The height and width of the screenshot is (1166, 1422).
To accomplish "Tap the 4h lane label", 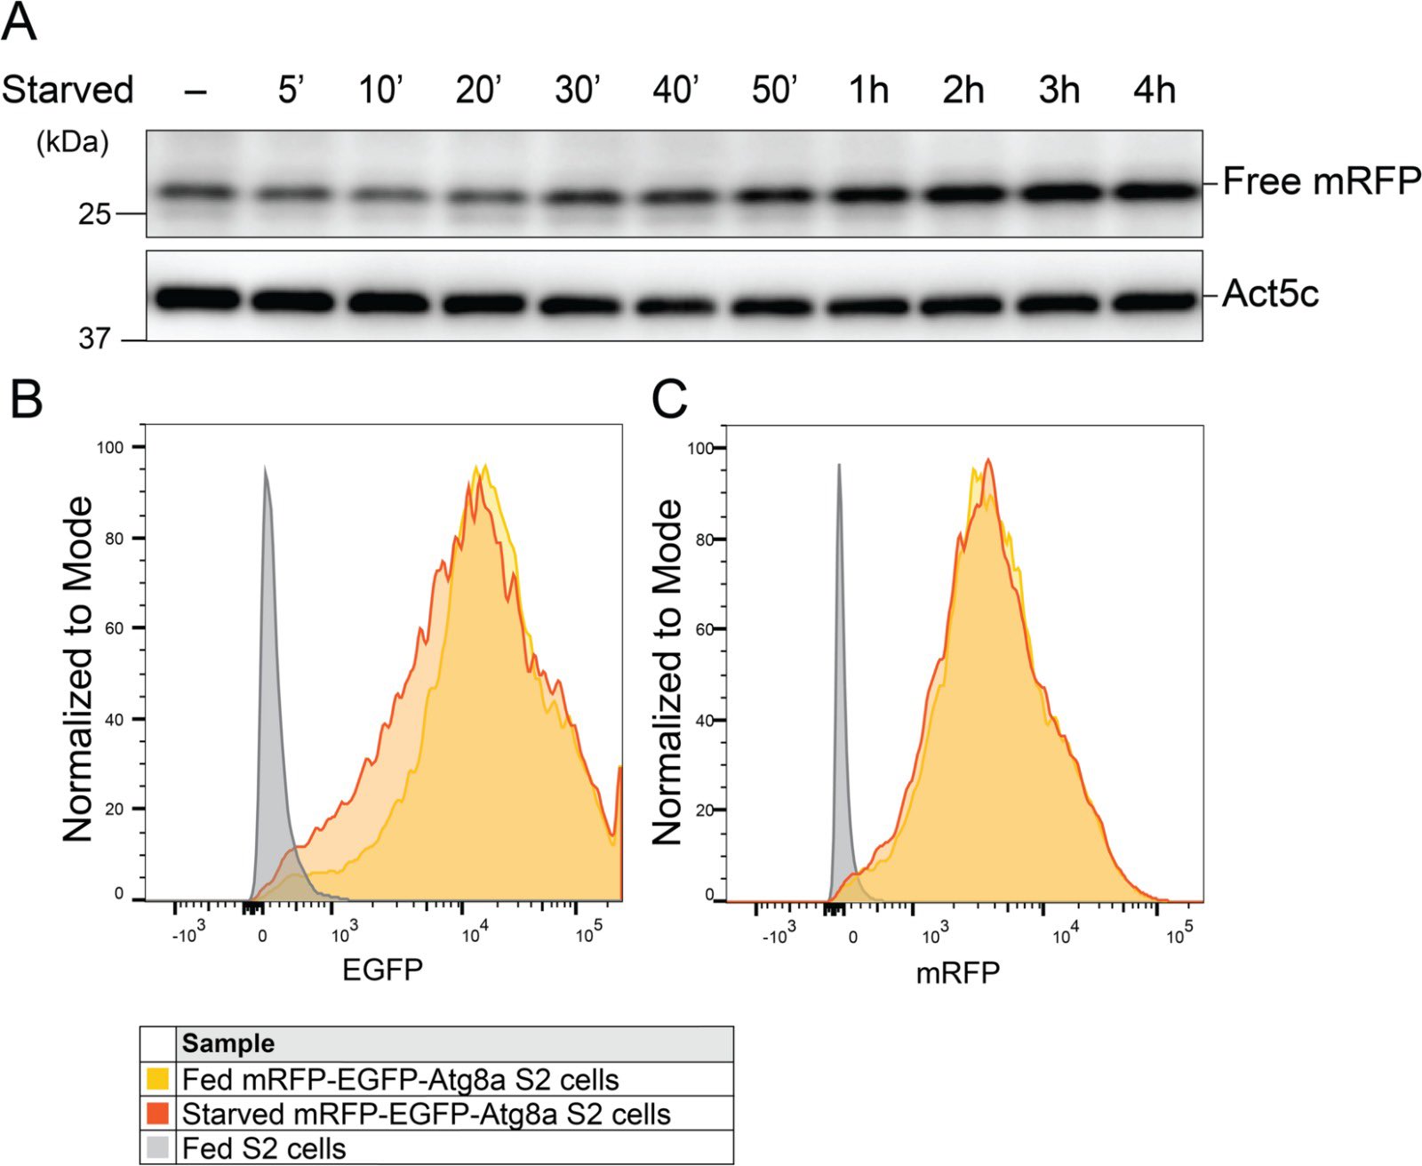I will [x=1154, y=90].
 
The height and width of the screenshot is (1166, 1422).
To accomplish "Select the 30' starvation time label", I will [x=578, y=90].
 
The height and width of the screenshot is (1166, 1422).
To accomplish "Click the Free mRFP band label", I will [x=1321, y=181].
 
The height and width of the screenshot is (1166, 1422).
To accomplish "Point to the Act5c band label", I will [x=1270, y=293].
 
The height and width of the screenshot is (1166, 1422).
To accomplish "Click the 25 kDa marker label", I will [x=94, y=214].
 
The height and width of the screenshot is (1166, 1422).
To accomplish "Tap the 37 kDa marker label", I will [x=94, y=339].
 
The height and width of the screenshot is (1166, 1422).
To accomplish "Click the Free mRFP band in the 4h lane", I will [x=1154, y=191].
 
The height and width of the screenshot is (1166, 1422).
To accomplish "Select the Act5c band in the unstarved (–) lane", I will [x=197, y=299].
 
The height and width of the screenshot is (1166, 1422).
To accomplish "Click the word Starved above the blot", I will [x=68, y=90].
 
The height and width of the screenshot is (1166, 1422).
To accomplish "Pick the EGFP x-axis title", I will [x=382, y=969].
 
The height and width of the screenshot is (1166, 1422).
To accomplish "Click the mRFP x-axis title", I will [x=957, y=972].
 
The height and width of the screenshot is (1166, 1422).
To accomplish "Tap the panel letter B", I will [x=26, y=400].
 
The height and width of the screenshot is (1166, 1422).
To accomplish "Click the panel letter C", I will [x=669, y=400].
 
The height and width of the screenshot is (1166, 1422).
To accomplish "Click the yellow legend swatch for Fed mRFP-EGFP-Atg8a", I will [x=157, y=1080].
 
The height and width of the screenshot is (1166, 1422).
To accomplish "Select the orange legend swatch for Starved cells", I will [x=157, y=1114].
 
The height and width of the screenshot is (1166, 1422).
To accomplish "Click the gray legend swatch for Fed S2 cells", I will [x=157, y=1147].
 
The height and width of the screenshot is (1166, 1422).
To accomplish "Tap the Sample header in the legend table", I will [x=228, y=1043].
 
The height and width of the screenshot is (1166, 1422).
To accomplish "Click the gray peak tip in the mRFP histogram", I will [x=838, y=466].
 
